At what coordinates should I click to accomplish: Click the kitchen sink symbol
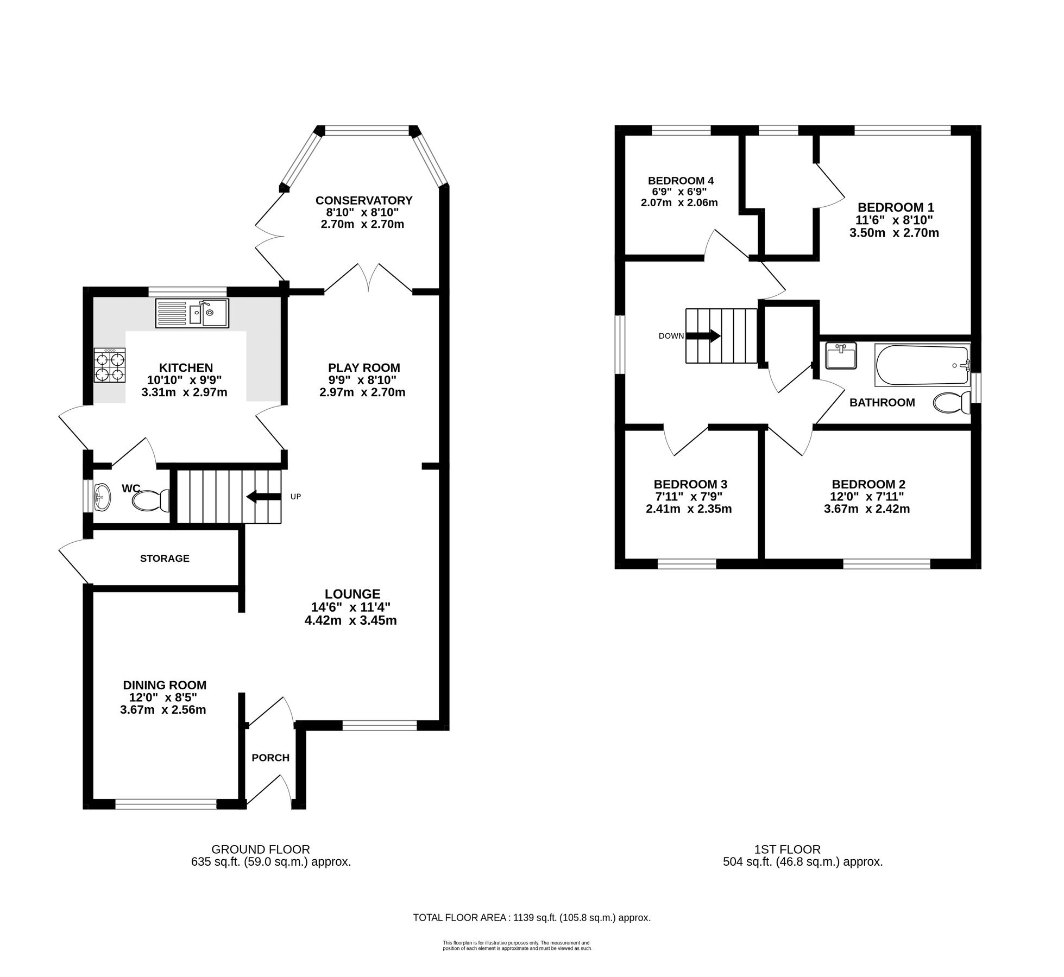pos(192,313)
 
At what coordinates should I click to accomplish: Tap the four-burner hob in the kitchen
pos(110,366)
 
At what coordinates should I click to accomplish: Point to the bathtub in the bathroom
pos(922,365)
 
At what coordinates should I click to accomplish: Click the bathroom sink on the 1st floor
pos(840,356)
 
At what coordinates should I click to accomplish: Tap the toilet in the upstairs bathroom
pos(952,403)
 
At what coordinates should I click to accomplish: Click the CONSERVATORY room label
pos(364,200)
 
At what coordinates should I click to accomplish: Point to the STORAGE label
pos(165,559)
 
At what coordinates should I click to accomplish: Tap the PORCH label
pos(270,758)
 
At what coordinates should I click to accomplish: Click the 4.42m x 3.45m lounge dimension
pos(350,620)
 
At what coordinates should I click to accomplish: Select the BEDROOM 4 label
pos(681,181)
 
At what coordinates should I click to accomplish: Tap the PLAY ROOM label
pos(364,367)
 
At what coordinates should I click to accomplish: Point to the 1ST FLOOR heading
pos(787,849)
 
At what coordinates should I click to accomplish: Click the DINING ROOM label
pos(165,686)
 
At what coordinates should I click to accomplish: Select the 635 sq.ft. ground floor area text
pos(271,861)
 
